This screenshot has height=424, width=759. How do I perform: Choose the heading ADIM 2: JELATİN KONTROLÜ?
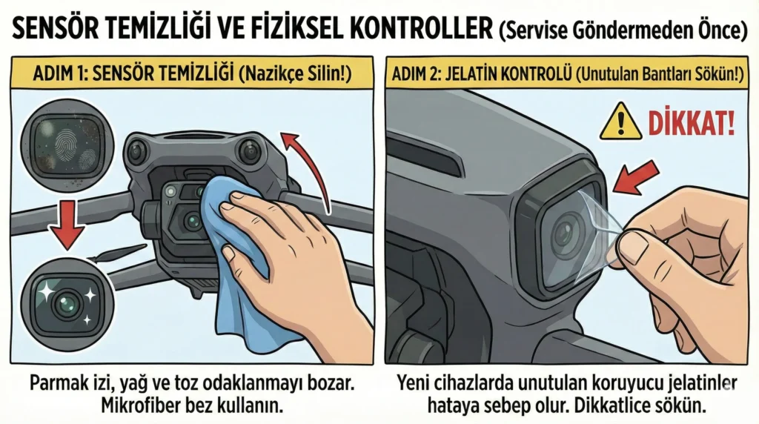click(x=474, y=77)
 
